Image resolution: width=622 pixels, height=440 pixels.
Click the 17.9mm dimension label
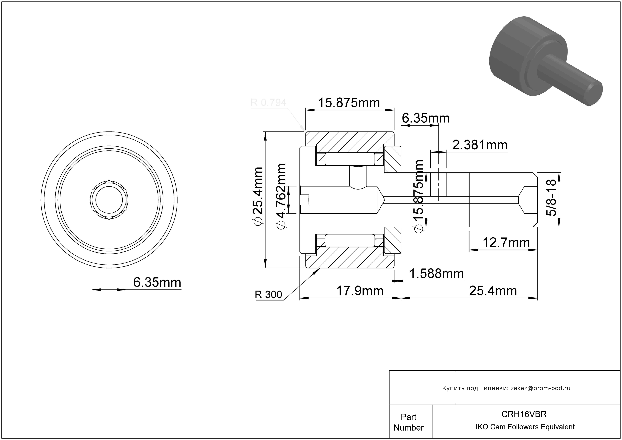point(360,291)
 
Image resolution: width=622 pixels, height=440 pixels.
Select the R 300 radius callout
point(268,294)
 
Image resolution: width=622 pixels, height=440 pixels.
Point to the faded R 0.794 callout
point(268,102)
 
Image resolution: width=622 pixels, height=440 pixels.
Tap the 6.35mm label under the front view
point(157,282)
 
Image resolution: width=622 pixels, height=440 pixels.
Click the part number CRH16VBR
point(524,414)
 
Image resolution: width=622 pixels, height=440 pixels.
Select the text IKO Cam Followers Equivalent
point(525,427)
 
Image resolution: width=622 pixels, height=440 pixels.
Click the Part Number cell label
point(408,422)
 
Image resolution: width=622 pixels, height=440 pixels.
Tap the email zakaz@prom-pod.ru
point(540,388)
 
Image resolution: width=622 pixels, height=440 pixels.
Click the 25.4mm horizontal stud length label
point(493,291)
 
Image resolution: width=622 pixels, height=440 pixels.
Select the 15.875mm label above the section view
point(349,103)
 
